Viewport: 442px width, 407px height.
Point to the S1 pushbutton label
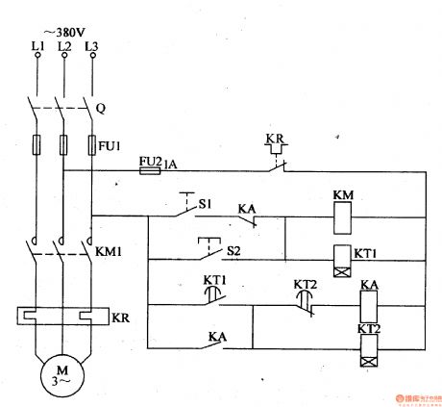(x=204, y=203)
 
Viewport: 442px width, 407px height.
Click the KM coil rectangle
(x=344, y=220)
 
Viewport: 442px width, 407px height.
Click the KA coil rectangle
(x=371, y=309)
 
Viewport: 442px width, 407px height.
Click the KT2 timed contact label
(x=305, y=285)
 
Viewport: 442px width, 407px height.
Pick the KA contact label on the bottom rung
(x=217, y=338)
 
